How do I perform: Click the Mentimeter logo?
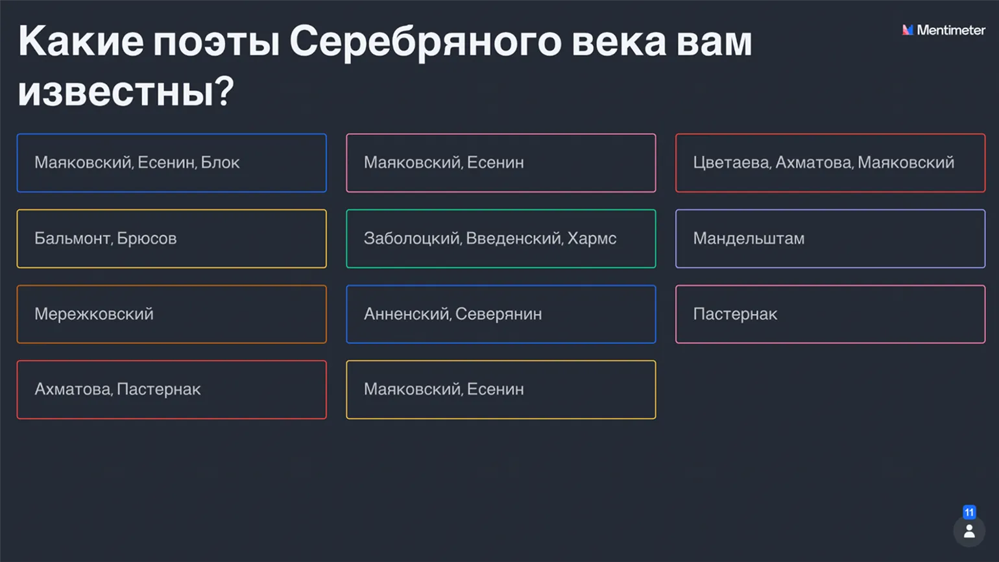(x=943, y=30)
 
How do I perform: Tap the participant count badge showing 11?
(x=969, y=513)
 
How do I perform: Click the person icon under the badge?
(x=969, y=531)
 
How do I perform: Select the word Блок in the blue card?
(x=220, y=163)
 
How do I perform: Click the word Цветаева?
(x=732, y=163)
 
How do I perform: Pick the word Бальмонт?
(x=73, y=239)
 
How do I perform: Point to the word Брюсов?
(x=147, y=239)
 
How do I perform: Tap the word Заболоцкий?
(x=412, y=239)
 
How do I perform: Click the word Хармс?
(x=592, y=239)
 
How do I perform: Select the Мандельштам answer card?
(x=830, y=239)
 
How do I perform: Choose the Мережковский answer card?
(x=172, y=314)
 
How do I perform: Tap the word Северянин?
(x=499, y=314)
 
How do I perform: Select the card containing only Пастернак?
(x=830, y=314)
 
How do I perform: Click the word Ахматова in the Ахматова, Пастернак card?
(x=73, y=389)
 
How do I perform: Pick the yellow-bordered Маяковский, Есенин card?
(x=501, y=389)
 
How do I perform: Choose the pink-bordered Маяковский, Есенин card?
(x=501, y=163)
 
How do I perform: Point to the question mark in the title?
(x=225, y=92)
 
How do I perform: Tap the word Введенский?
(x=514, y=239)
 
